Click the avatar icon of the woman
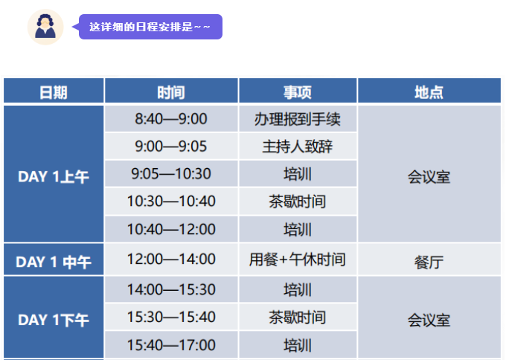[45, 27]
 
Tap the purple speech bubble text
[150, 27]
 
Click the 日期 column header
[54, 92]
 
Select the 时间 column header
[171, 92]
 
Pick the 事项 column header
[298, 92]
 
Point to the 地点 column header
[429, 92]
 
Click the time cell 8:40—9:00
[171, 119]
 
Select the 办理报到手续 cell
[298, 119]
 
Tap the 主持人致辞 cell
[298, 147]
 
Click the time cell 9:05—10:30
[171, 173]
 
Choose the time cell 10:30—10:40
[171, 202]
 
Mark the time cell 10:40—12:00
[171, 229]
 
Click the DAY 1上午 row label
[54, 177]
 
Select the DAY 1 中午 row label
[54, 262]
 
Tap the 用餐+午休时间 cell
[298, 260]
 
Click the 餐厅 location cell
[429, 263]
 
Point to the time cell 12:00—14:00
[171, 259]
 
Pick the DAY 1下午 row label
[54, 320]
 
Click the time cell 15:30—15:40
[171, 317]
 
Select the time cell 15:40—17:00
[171, 345]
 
